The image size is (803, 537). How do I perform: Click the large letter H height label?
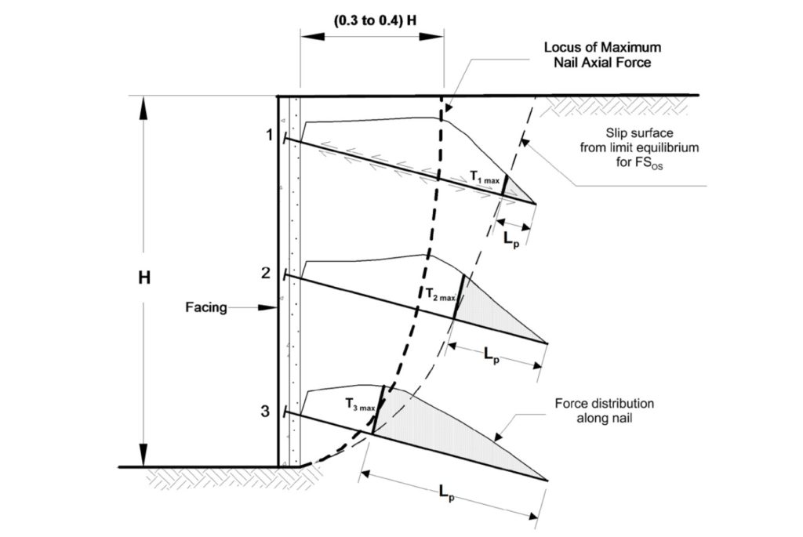pyautogui.click(x=144, y=278)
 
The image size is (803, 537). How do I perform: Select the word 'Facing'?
pyautogui.click(x=206, y=308)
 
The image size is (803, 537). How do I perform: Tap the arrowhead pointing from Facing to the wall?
pyautogui.click(x=271, y=308)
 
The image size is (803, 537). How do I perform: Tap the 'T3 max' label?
pyautogui.click(x=361, y=405)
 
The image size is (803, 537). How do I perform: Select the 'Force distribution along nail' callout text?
pyautogui.click(x=604, y=410)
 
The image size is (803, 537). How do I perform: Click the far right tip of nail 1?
pyautogui.click(x=536, y=204)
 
